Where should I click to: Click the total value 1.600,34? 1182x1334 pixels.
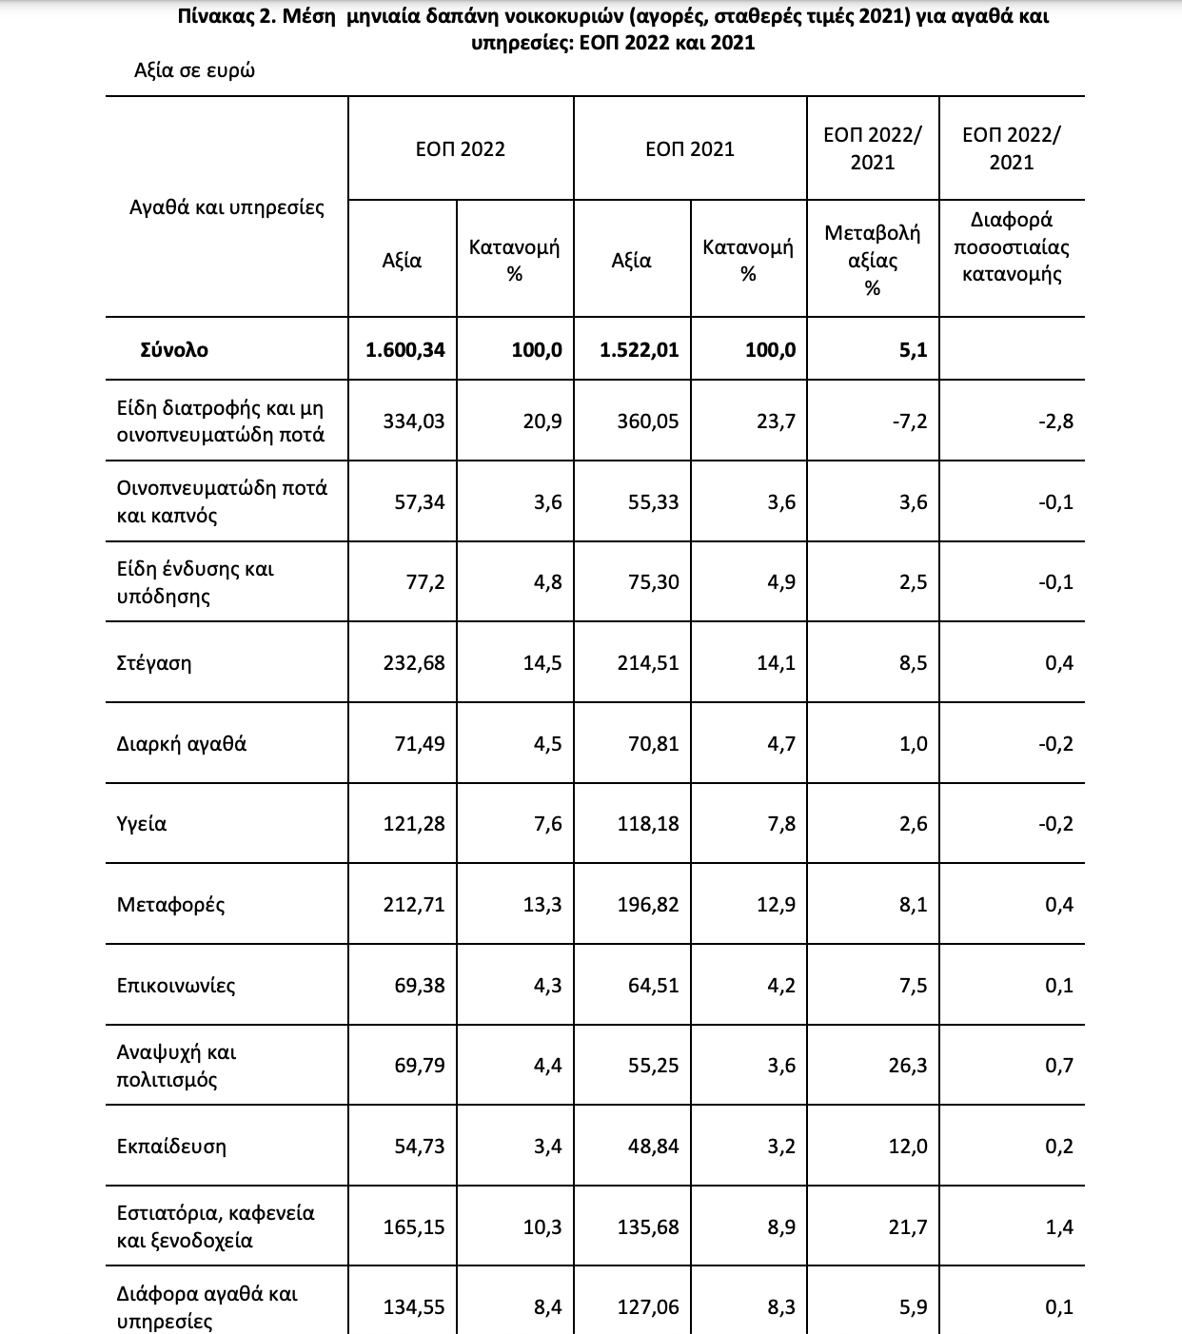click(404, 350)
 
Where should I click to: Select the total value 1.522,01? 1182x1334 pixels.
click(640, 350)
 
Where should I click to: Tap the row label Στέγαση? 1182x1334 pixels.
click(153, 663)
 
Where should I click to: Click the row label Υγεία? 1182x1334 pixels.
click(141, 824)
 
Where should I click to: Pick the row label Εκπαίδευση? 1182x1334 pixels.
click(171, 1146)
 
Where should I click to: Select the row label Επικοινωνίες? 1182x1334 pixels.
click(175, 985)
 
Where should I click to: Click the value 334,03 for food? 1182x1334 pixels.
click(414, 421)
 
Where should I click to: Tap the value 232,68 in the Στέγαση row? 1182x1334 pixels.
click(414, 663)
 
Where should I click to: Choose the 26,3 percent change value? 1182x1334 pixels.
click(908, 1066)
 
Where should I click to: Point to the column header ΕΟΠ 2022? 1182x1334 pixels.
click(461, 149)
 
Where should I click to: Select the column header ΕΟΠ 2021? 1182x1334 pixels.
click(690, 149)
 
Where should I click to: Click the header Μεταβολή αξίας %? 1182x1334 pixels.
click(873, 260)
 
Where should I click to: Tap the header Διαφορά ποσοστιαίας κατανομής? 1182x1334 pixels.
click(1012, 247)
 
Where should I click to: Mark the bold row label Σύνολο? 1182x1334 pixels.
click(173, 350)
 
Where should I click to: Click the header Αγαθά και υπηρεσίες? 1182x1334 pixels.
click(227, 207)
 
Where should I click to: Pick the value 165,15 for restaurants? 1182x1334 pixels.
click(414, 1227)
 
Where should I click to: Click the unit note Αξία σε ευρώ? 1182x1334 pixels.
click(194, 71)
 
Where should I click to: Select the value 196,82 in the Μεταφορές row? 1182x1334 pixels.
click(648, 904)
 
